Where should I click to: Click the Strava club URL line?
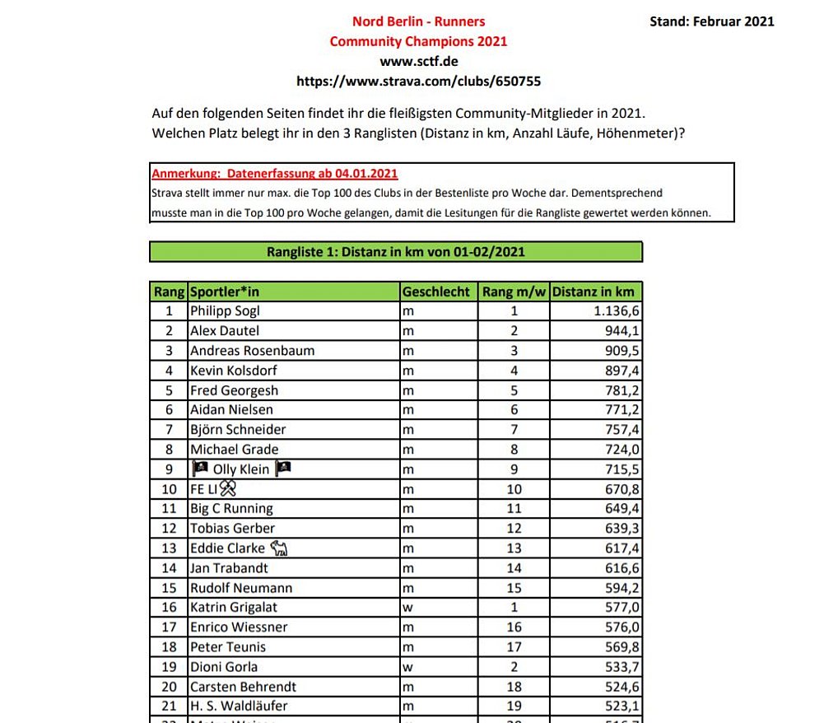coord(418,81)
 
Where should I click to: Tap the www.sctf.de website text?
coord(418,61)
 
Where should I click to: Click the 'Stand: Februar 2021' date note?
coord(711,21)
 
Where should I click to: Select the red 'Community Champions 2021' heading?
coord(418,41)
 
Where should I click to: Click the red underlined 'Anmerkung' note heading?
coord(275,174)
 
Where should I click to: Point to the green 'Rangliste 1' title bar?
coord(395,252)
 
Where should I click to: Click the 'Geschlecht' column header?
coord(436,292)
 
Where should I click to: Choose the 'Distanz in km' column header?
coord(593,292)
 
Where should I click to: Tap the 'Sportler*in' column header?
coord(225,292)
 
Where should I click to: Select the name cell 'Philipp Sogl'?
coord(225,311)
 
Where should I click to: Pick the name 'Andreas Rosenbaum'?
coord(252,351)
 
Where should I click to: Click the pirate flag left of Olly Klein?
coord(200,469)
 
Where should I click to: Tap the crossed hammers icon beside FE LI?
coord(227,489)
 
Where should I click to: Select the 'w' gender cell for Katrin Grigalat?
coord(407,608)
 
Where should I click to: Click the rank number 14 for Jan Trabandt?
coord(170,568)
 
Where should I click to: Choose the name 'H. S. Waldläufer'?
coord(239,707)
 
